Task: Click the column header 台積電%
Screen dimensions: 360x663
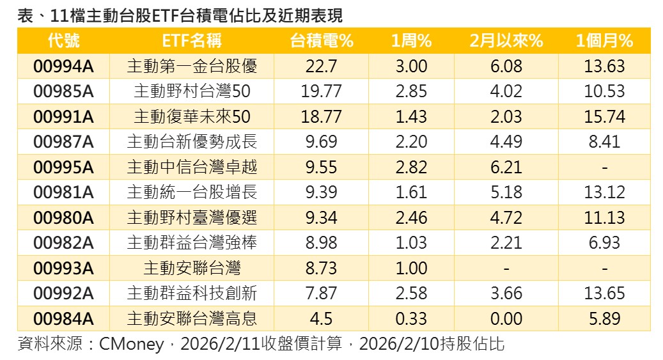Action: (x=322, y=41)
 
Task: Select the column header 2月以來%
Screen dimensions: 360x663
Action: (x=506, y=41)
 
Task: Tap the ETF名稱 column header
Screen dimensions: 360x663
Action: (x=192, y=41)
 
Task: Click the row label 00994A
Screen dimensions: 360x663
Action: (x=63, y=66)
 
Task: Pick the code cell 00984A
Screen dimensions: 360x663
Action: (x=63, y=318)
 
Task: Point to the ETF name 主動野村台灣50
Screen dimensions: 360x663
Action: (x=192, y=91)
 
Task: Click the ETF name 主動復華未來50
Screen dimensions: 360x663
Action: (x=192, y=116)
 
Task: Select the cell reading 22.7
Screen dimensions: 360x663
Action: (x=322, y=66)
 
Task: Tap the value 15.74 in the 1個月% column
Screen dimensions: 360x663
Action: (x=604, y=116)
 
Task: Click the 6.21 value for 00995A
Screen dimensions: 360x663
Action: (x=506, y=167)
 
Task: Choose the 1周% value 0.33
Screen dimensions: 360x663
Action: (x=411, y=318)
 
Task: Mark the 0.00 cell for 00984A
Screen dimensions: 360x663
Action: (x=506, y=318)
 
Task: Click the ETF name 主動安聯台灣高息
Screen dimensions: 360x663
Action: (x=192, y=318)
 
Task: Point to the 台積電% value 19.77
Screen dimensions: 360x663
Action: (x=322, y=91)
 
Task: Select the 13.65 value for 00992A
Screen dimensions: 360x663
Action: (x=604, y=293)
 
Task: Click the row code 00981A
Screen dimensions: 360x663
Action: (x=63, y=192)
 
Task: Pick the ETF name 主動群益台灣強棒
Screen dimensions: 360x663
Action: (x=192, y=242)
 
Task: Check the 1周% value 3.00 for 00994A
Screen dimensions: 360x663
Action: (x=411, y=66)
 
